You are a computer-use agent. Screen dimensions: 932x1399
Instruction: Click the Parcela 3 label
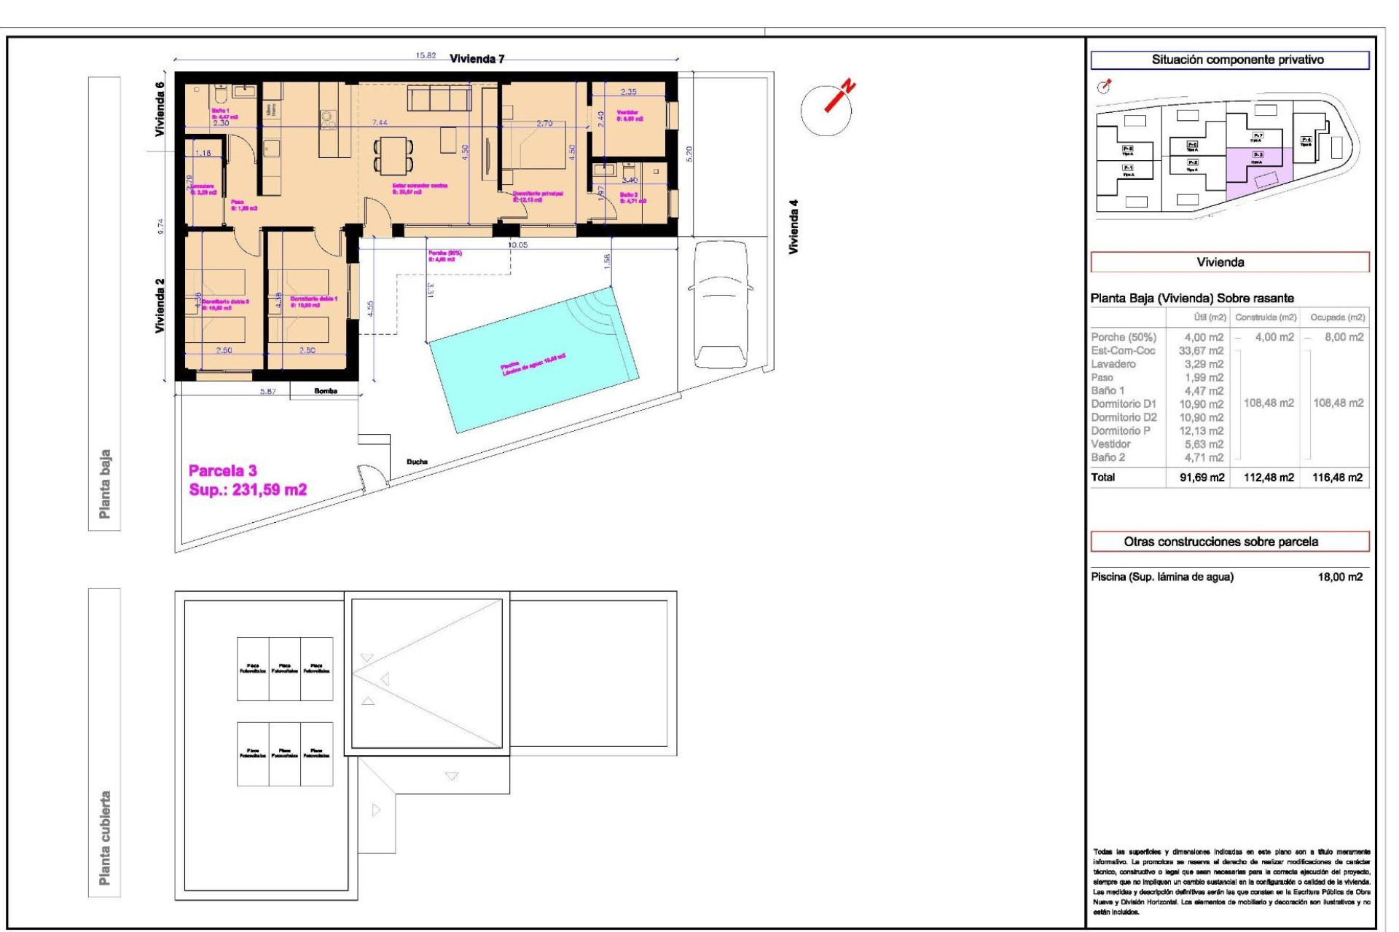click(222, 470)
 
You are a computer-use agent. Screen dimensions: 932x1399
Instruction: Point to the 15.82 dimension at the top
click(426, 55)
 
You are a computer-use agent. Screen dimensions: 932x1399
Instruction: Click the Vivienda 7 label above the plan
click(477, 59)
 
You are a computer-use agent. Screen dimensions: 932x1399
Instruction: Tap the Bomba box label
click(325, 391)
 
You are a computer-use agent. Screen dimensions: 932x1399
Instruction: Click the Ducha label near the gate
click(417, 462)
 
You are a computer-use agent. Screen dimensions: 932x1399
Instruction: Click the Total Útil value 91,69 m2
click(1202, 478)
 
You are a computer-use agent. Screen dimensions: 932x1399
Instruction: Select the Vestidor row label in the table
click(1110, 444)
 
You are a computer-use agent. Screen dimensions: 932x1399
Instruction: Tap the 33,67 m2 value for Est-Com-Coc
click(1201, 350)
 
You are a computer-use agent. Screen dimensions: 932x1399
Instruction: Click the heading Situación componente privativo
click(1237, 60)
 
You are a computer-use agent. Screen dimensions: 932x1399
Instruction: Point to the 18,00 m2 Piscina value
click(1339, 577)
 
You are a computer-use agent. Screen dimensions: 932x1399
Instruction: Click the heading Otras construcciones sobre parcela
click(1220, 542)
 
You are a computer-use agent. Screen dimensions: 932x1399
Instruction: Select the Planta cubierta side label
click(105, 838)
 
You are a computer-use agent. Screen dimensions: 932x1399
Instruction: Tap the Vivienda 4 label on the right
click(794, 226)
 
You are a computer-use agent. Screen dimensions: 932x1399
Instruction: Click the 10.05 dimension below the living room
click(517, 245)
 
